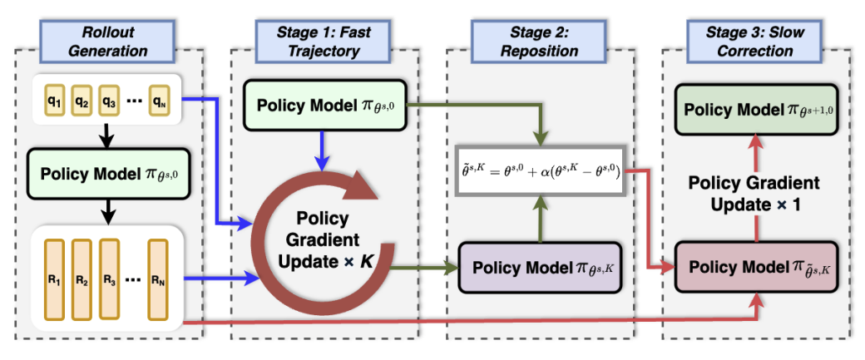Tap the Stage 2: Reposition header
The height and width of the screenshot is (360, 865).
tap(538, 40)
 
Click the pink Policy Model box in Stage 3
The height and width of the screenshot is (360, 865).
tap(756, 268)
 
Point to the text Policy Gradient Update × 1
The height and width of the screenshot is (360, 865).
tap(756, 193)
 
